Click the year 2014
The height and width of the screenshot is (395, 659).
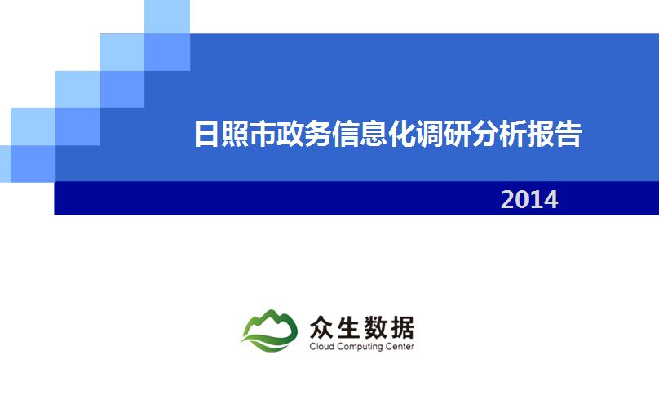pos(529,199)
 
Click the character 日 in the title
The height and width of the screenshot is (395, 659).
pos(207,134)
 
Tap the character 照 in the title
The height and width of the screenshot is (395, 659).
pos(235,134)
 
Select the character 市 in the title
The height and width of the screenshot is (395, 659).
pos(263,134)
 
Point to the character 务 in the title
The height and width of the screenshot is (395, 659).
pos(318,134)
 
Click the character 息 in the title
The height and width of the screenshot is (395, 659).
pos(374,134)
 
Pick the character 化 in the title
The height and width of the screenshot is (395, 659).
pos(401,134)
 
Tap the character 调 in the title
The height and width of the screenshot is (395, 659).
pos(429,134)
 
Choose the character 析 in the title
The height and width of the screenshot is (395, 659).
pos(512,134)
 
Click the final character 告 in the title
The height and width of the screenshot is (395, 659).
pos(568,134)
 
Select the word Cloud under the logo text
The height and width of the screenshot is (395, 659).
pos(321,347)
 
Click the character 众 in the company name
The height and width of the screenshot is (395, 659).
pos(322,327)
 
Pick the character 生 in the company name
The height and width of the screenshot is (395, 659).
pos(348,327)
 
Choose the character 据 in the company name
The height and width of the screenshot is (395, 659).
pos(402,327)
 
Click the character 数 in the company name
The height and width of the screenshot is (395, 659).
pos(375,327)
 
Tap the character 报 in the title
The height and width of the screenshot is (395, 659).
pos(541,134)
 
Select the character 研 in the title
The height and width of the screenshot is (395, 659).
pos(457,134)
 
